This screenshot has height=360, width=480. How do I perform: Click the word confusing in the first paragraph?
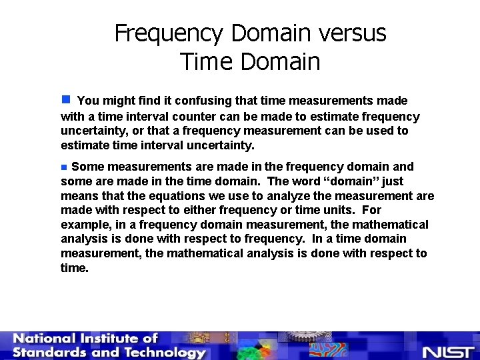tap(209, 101)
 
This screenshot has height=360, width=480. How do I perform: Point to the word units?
tap(346, 210)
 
